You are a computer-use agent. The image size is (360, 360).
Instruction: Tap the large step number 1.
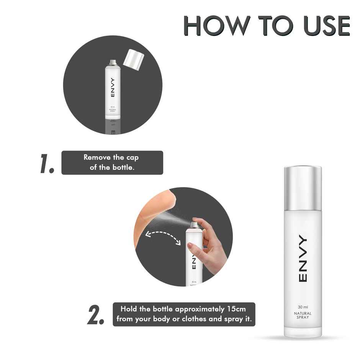47,164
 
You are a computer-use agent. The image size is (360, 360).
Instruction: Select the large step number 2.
96,315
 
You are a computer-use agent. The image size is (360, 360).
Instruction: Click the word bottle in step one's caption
123,168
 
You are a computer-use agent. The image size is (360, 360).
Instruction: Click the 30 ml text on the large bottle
303,307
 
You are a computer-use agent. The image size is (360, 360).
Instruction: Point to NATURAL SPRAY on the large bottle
303,316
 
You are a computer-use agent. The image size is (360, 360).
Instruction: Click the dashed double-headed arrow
163,236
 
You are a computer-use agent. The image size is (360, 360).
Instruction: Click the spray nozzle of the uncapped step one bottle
113,62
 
